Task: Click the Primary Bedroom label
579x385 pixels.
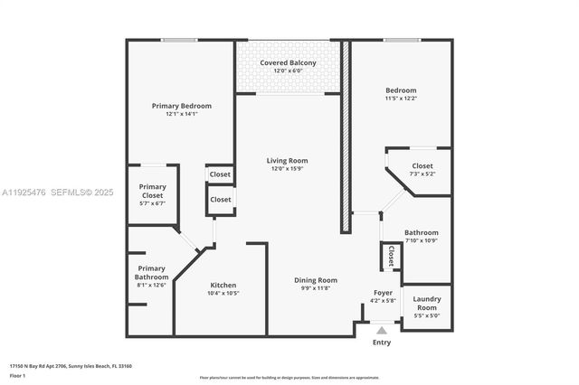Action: click(x=181, y=106)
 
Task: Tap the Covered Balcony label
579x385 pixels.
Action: click(x=288, y=62)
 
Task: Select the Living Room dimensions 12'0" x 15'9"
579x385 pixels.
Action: click(x=288, y=169)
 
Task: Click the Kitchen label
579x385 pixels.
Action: click(x=223, y=285)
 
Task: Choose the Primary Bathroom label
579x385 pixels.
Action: click(x=151, y=272)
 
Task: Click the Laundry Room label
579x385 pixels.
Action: click(x=426, y=304)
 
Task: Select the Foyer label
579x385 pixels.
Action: click(x=383, y=293)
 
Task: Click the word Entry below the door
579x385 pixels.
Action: click(x=382, y=343)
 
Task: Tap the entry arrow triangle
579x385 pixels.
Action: click(x=382, y=331)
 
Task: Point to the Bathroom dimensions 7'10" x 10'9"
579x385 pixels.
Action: click(x=421, y=240)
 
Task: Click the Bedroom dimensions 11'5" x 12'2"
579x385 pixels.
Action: click(x=401, y=99)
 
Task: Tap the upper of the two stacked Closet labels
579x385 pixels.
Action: click(x=220, y=174)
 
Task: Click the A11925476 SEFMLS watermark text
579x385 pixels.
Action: click(x=58, y=192)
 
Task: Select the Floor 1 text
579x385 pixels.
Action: click(x=18, y=375)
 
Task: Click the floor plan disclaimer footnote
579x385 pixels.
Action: click(x=289, y=378)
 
